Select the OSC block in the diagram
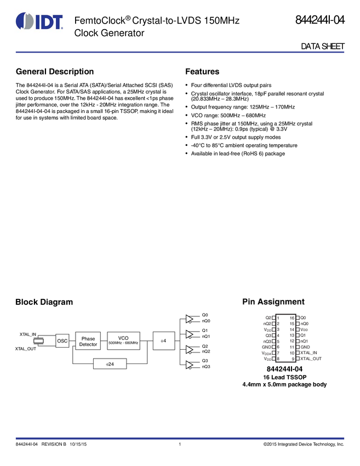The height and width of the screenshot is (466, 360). click(x=62, y=341)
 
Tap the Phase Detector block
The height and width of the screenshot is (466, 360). click(x=88, y=341)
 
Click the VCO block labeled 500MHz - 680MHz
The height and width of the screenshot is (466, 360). click(x=123, y=340)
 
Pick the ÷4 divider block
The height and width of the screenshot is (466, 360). click(x=163, y=341)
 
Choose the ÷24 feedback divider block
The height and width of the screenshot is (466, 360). click(x=110, y=364)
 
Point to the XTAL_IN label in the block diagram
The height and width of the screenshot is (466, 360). click(x=28, y=334)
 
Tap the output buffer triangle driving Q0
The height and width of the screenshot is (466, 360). click(x=190, y=319)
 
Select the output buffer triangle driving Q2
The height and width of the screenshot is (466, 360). click(x=190, y=349)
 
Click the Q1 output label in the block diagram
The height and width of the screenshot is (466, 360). click(x=205, y=331)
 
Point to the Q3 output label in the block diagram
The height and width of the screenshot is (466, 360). click(x=205, y=361)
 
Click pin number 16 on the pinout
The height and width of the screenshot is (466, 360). click(x=292, y=318)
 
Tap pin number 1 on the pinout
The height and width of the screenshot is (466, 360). click(x=278, y=318)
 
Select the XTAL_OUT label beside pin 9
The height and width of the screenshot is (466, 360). click(x=311, y=359)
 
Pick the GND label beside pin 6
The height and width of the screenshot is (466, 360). click(x=266, y=347)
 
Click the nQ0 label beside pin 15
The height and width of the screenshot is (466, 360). click(x=305, y=324)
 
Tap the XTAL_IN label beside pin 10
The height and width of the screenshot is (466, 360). click(x=309, y=353)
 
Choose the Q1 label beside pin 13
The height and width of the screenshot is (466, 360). click(x=303, y=336)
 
